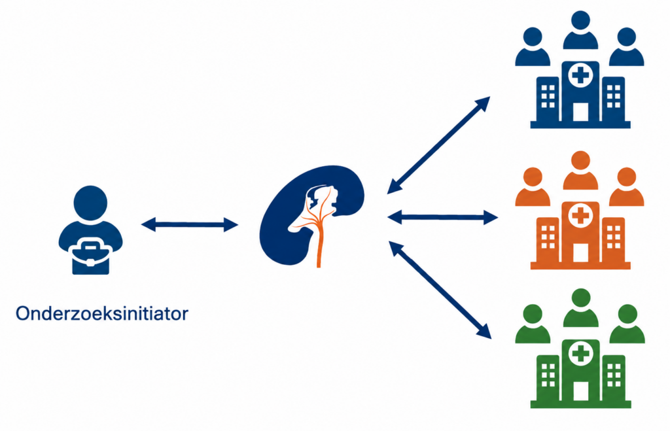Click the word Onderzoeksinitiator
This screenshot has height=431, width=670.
click(101, 313)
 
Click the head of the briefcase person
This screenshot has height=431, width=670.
click(90, 203)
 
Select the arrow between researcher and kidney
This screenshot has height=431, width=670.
click(189, 224)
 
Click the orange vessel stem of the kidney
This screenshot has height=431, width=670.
click(319, 243)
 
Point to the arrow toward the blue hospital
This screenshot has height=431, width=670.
click(438, 145)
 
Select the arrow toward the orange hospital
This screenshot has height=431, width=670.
click(443, 217)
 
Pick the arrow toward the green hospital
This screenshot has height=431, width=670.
click(440, 290)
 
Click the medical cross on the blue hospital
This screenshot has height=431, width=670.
click(580, 76)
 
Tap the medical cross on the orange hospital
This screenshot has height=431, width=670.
click(580, 216)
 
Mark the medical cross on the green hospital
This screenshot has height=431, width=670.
click(581, 354)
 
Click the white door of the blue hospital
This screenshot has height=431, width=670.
click(580, 112)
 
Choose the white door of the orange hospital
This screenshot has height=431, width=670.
click(580, 252)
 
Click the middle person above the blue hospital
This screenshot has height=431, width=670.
click(580, 30)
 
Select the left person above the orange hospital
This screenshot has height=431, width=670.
click(533, 186)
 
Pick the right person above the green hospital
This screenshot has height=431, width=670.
click(627, 324)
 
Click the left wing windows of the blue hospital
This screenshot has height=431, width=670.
click(548, 96)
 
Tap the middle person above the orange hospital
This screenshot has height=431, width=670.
click(580, 170)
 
